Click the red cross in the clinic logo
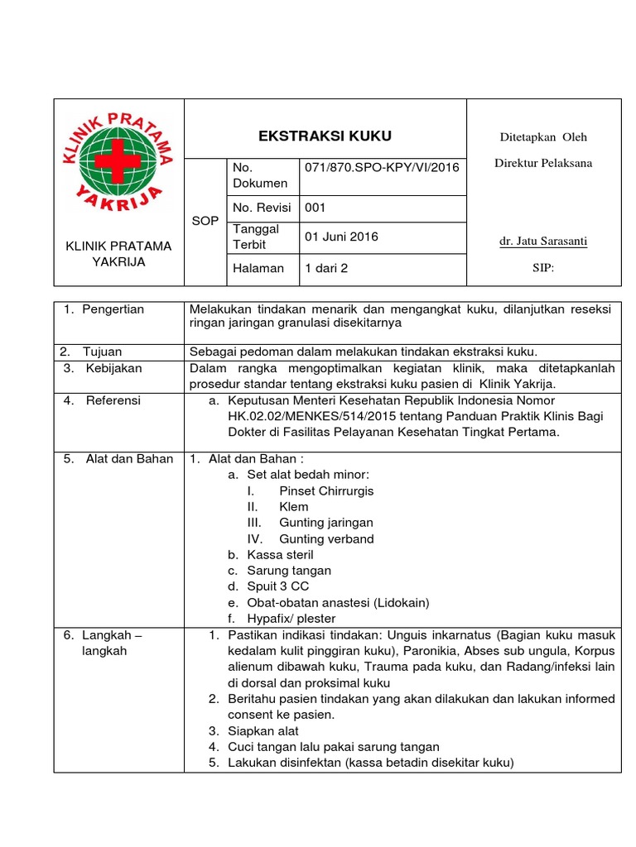[117, 159]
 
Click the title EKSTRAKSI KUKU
[325, 136]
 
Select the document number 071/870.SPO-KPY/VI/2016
[382, 168]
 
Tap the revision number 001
[316, 208]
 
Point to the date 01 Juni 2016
[341, 237]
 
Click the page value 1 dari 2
[327, 268]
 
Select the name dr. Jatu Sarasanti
[543, 242]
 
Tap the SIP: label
[543, 268]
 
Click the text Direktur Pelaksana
[543, 163]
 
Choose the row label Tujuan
[102, 352]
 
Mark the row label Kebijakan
[113, 368]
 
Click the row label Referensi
[113, 400]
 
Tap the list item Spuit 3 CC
[277, 586]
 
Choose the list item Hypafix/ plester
[291, 618]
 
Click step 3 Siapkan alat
[263, 731]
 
